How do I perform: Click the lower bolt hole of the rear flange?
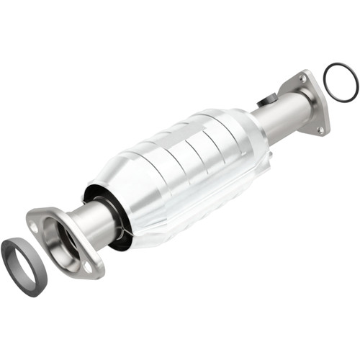(320, 130)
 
